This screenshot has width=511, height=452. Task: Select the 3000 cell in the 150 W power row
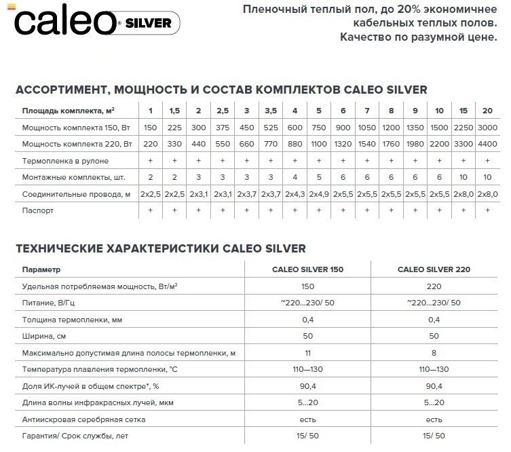point(487,127)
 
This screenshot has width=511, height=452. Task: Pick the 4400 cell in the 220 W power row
point(487,144)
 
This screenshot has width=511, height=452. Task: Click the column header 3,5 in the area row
point(270,111)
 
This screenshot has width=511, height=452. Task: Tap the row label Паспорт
point(38,210)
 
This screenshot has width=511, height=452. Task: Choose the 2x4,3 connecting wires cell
point(295,193)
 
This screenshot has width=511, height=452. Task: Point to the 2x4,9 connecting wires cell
point(319,193)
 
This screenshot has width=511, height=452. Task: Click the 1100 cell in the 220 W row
point(319,144)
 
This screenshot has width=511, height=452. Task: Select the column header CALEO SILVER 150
point(307,269)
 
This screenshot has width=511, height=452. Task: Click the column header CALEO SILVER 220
point(434,269)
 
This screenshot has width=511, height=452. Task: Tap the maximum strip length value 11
point(307,353)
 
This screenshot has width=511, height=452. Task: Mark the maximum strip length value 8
point(434,353)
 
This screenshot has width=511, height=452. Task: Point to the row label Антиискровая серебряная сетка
point(84,419)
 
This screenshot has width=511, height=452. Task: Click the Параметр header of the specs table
point(41,269)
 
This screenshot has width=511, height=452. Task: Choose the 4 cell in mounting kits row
point(295,177)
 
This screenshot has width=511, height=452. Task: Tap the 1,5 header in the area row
point(174,111)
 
